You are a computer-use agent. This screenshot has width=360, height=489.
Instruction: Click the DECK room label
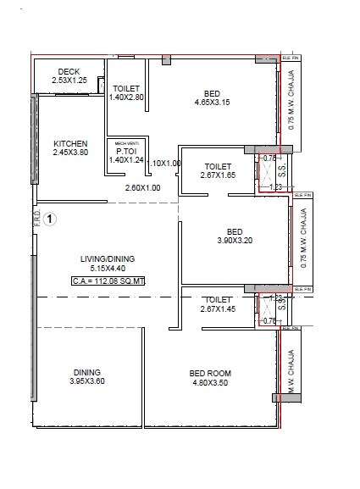click(69, 71)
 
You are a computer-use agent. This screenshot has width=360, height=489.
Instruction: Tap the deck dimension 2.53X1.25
click(69, 81)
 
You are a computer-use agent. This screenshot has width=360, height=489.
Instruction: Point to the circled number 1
click(51, 219)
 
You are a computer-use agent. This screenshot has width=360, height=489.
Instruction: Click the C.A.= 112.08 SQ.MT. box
click(108, 281)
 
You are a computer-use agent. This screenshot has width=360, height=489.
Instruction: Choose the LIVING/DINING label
click(108, 259)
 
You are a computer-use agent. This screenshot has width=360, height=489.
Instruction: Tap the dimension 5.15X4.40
click(108, 269)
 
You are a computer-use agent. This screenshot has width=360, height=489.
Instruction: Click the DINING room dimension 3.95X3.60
click(87, 381)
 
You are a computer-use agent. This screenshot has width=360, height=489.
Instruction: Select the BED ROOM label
click(210, 373)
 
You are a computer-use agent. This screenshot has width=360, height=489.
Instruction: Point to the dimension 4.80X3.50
click(210, 382)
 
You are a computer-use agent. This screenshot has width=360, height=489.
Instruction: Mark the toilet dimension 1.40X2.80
click(128, 97)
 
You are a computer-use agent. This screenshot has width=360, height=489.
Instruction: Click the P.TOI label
click(128, 152)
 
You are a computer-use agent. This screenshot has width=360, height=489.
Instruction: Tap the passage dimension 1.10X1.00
click(163, 163)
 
